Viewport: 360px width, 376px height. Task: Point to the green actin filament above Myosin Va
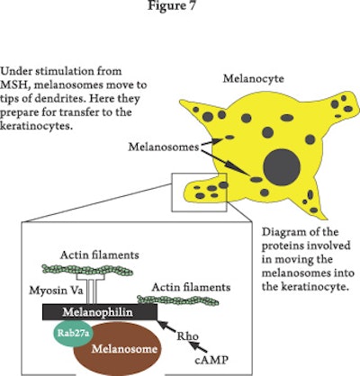click(88, 269)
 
